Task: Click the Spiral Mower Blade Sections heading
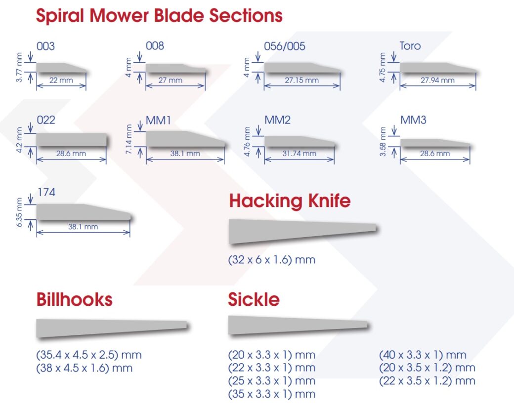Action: (159, 15)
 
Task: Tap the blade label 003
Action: (45, 46)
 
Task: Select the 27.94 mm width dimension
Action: (437, 80)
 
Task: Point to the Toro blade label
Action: (410, 46)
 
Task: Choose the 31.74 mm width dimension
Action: (299, 154)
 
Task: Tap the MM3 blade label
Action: (413, 120)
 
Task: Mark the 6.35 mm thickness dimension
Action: (20, 212)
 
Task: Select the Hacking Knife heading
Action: (290, 201)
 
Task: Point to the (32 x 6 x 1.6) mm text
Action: (271, 259)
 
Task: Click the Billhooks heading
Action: (74, 299)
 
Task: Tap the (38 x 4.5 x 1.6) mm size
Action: (85, 368)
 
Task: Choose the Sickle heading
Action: (254, 299)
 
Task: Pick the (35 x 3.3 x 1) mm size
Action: (271, 394)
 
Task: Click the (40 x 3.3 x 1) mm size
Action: (423, 355)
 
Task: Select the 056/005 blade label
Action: (285, 46)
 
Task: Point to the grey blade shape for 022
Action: (72, 140)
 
